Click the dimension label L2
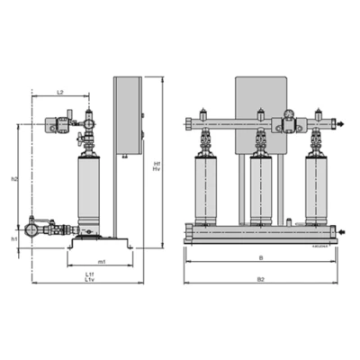(x=59, y=92)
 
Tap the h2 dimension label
(x=14, y=179)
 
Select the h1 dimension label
(x=14, y=239)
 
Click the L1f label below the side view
(x=89, y=274)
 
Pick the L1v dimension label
(x=89, y=281)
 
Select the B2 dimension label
(x=261, y=280)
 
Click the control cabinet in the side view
(x=128, y=112)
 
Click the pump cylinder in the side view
(x=89, y=190)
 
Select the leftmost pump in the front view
(x=206, y=189)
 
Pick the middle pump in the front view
(x=262, y=189)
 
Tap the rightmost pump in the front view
(x=317, y=189)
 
